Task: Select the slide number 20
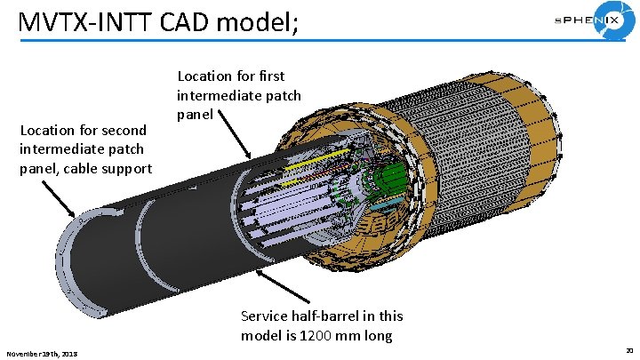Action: click(628, 353)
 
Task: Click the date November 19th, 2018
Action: click(42, 354)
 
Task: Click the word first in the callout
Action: click(268, 76)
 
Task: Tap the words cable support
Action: click(113, 168)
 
